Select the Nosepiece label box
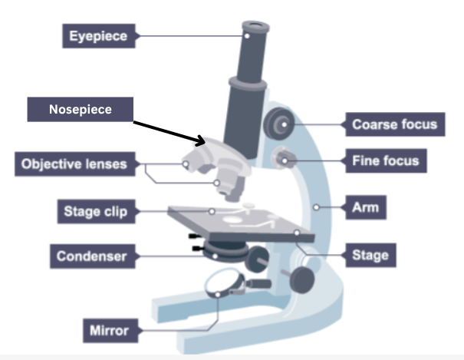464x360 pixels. [x=81, y=110]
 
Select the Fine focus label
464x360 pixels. [x=385, y=162]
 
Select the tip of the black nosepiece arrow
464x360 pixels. [x=205, y=142]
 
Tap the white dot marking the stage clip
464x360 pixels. [x=211, y=210]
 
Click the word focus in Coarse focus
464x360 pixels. [x=418, y=124]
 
